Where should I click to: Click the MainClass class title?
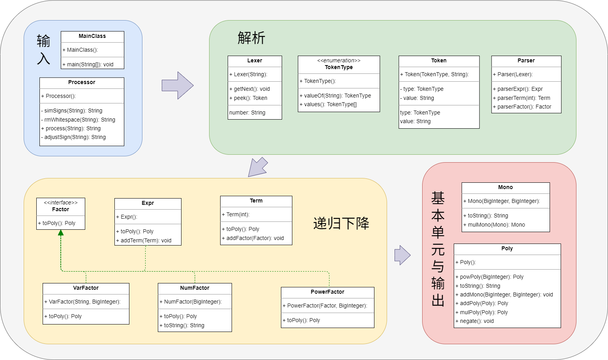pyautogui.click(x=92, y=36)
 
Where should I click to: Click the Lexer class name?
pyautogui.click(x=254, y=60)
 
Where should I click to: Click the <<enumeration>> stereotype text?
pyautogui.click(x=339, y=60)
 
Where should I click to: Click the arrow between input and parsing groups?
pyautogui.click(x=178, y=86)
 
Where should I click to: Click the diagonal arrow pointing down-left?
pyautogui.click(x=258, y=167)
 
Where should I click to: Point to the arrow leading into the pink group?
pyautogui.click(x=402, y=255)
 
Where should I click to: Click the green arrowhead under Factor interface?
pyautogui.click(x=61, y=232)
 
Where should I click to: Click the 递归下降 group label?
pyautogui.click(x=341, y=223)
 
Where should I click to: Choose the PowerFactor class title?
pyautogui.click(x=327, y=292)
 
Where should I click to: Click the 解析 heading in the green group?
pyautogui.click(x=251, y=37)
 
